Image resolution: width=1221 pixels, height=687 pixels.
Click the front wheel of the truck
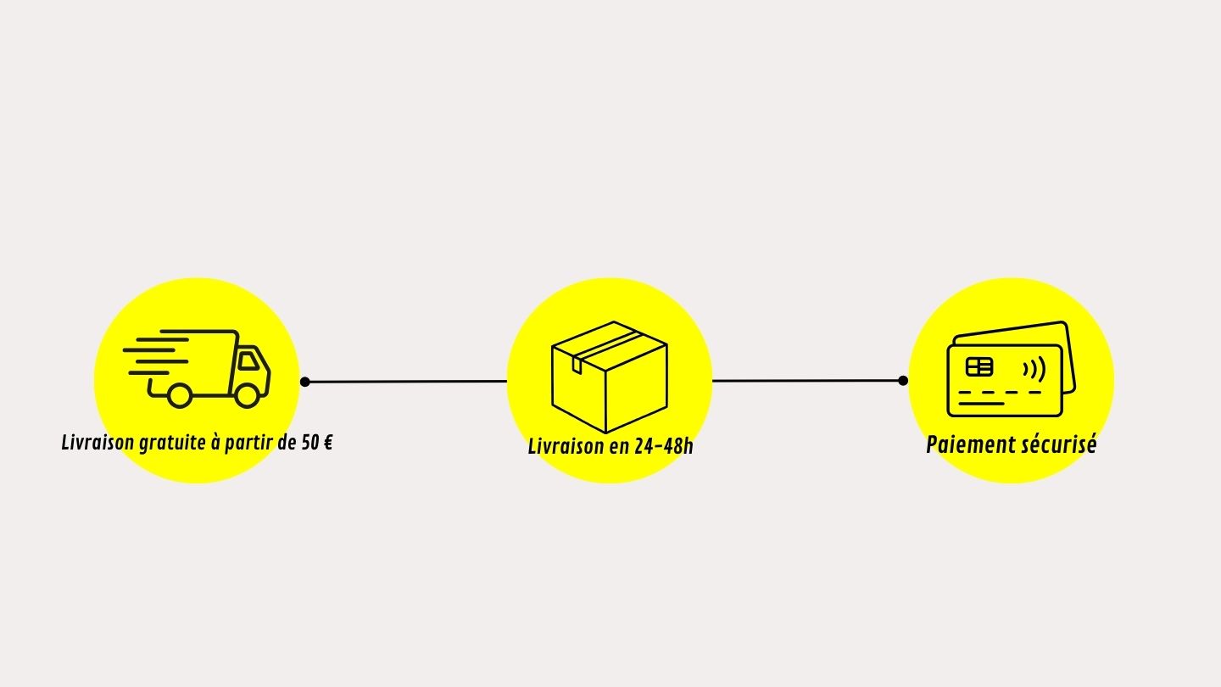(247, 395)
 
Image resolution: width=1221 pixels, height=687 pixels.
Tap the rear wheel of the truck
(180, 395)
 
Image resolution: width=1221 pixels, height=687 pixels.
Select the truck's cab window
(248, 361)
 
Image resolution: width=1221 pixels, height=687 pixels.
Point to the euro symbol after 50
(326, 442)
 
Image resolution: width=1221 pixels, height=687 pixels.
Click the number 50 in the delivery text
(309, 442)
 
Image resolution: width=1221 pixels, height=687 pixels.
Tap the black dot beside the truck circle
(305, 382)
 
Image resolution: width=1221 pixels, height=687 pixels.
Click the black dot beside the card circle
(903, 381)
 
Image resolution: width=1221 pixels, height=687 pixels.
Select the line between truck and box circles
(407, 382)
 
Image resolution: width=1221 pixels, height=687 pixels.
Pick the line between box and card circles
(806, 381)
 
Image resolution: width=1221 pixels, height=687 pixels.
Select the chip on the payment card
(979, 366)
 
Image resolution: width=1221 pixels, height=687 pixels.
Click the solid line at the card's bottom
(981, 404)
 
